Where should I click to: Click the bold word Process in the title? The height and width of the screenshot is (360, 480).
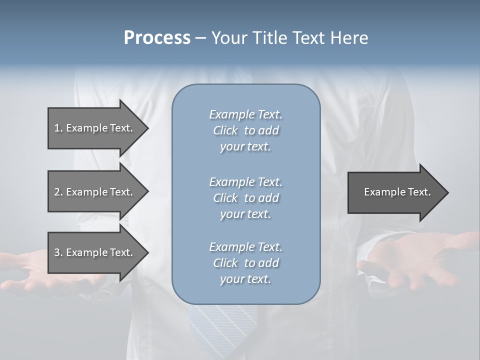coord(157,38)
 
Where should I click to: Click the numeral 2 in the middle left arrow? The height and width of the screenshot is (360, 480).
coord(57,192)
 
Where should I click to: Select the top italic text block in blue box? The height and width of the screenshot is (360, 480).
coord(245,130)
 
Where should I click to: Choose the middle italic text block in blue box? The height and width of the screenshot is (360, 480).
coord(245,198)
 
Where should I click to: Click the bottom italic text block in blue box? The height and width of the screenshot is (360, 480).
coord(245,263)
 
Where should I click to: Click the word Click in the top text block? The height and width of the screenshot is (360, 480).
coord(225,130)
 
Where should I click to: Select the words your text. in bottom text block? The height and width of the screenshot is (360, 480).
coord(245,279)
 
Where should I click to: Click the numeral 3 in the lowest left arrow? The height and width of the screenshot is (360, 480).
coord(57,252)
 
